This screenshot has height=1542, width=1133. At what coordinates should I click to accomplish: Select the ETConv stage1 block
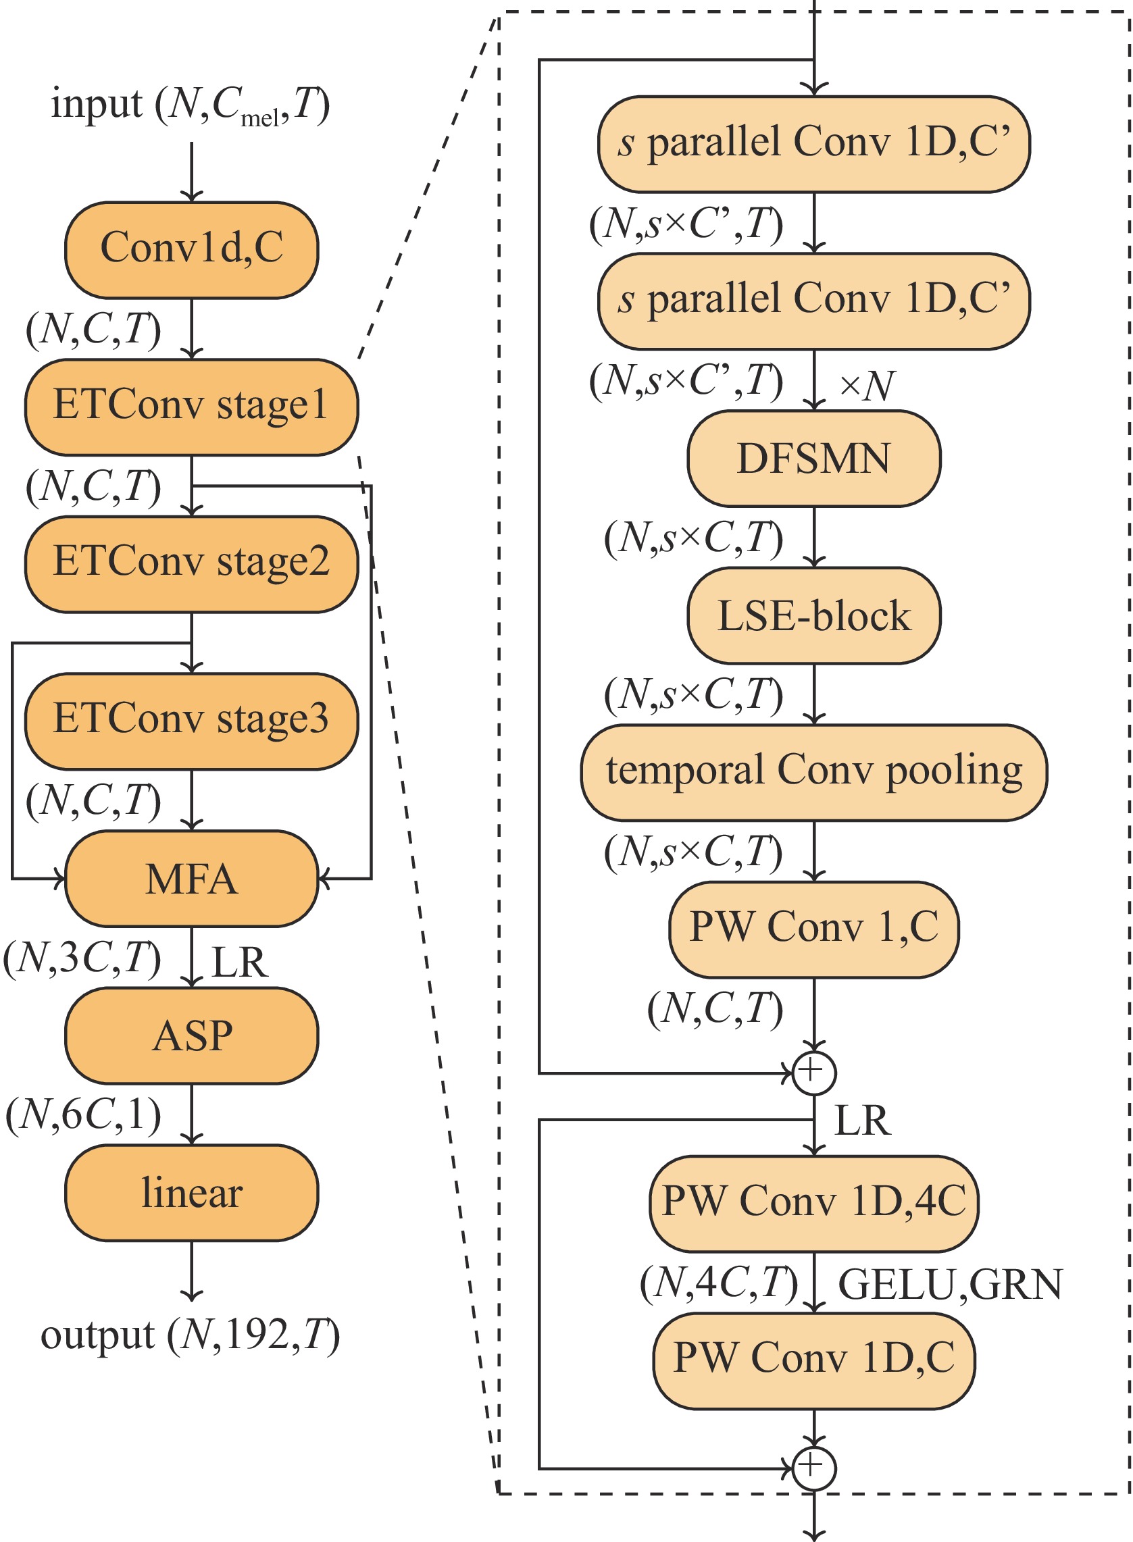click(191, 407)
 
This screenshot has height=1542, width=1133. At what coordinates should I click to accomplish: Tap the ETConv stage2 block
click(191, 563)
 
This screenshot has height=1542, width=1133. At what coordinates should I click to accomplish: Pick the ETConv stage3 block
click(191, 721)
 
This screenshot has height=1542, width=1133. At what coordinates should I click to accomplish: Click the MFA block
click(191, 878)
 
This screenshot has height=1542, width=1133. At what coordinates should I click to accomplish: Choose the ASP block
click(191, 1035)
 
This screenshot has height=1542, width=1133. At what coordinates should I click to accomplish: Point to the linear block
click(191, 1192)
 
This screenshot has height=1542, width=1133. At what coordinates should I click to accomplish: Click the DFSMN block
click(813, 458)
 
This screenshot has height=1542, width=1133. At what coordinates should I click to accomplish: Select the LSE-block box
click(813, 615)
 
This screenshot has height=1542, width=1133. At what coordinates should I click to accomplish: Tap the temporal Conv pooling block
click(813, 772)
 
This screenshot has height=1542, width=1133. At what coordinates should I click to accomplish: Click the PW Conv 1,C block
click(813, 929)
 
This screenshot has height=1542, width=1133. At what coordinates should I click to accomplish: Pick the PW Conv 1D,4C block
click(813, 1204)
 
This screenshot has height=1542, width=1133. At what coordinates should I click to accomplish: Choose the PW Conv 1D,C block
click(813, 1360)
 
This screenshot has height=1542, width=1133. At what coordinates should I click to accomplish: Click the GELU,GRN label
click(950, 1284)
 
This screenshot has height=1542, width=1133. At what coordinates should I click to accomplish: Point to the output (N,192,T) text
click(190, 1335)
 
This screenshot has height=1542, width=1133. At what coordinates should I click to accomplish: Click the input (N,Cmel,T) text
click(190, 105)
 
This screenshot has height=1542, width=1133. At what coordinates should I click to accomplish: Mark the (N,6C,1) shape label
click(83, 1114)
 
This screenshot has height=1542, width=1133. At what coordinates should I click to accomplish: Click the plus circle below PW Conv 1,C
click(813, 1073)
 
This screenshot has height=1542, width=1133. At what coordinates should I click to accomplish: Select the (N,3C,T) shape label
click(82, 958)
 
